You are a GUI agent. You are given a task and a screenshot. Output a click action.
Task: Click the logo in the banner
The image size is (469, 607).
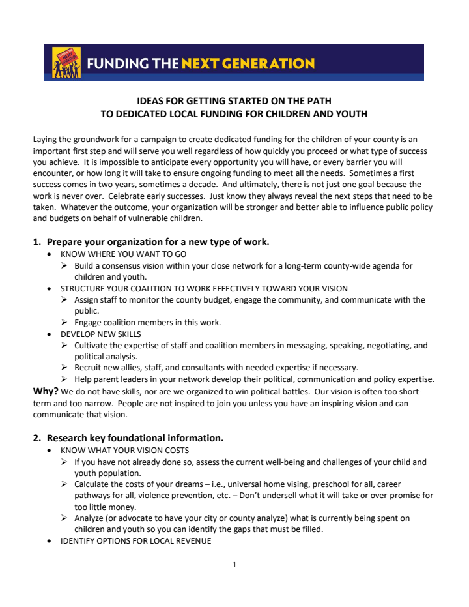[66, 63]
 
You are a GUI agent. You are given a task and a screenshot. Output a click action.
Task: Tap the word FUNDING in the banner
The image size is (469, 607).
[118, 64]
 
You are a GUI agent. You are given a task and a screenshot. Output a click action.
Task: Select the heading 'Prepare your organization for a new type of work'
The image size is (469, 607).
[158, 242]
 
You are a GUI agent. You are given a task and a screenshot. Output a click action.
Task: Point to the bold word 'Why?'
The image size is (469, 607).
[46, 392]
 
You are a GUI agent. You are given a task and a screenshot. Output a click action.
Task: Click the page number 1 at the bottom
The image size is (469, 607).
[234, 565]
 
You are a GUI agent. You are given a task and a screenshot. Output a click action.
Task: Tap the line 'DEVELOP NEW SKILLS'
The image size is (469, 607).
[100, 333]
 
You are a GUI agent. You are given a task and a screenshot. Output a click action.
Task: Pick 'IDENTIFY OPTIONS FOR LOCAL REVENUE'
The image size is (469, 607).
[135, 541]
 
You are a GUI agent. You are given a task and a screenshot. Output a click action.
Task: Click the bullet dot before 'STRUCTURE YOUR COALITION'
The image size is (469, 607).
[51, 288]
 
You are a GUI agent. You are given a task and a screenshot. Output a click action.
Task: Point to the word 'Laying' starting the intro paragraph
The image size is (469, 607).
[45, 139]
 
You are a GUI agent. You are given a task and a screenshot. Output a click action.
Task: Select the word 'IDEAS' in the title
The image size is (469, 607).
[151, 101]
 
